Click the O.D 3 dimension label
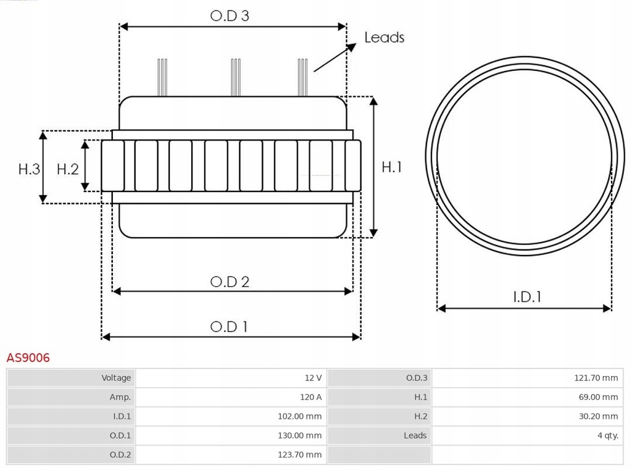pyautogui.click(x=230, y=15)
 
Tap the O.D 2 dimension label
pyautogui.click(x=230, y=282)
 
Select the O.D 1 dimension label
pyautogui.click(x=229, y=327)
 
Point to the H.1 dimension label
pyautogui.click(x=392, y=167)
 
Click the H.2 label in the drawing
pyautogui.click(x=68, y=169)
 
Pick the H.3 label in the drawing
pyautogui.click(x=29, y=169)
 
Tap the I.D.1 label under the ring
pyautogui.click(x=527, y=297)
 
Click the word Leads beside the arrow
pyautogui.click(x=384, y=37)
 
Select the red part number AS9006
pyautogui.click(x=28, y=357)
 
